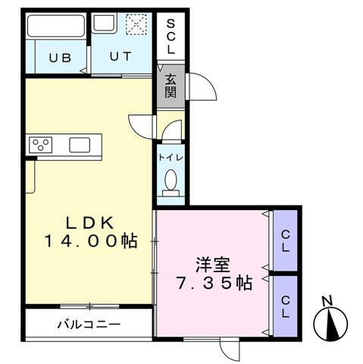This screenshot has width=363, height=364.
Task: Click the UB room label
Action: pos(60,58)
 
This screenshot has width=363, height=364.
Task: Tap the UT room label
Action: pos(120,56)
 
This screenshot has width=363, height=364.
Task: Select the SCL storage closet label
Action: pos(171,37)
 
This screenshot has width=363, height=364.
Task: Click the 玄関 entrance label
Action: pos(171,86)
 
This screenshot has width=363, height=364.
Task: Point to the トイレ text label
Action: pos(171,158)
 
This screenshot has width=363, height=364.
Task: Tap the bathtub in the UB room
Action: pos(56,26)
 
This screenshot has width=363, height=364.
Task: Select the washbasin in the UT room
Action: pos(105,24)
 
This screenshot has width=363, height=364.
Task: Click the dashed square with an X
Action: pos(136,24)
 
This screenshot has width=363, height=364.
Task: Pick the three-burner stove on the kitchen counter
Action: pos(41,145)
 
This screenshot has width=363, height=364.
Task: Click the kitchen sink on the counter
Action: pos(80,145)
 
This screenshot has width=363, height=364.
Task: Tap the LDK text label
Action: pos(89,223)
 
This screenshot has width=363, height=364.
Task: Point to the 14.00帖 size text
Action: pos(91,241)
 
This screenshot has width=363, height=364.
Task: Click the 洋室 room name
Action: pos(213,265)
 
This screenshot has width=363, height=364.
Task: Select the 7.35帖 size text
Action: pos(214,283)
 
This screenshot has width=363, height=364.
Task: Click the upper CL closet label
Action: pos(286,241)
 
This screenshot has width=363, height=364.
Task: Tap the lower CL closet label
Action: pos(286,307)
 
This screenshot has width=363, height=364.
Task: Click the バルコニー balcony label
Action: pos(89,325)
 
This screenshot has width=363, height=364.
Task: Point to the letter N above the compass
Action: pos(327,301)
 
